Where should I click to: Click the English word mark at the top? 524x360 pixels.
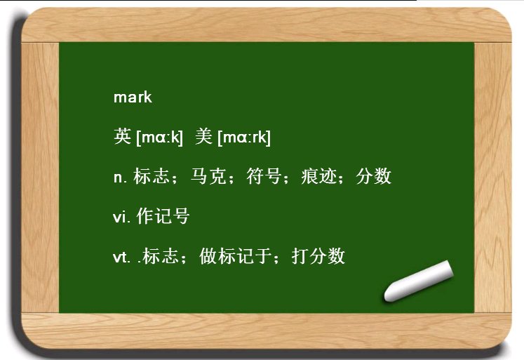(x=133, y=98)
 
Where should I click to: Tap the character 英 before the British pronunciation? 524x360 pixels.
(x=122, y=137)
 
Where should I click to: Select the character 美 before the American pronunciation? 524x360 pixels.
(x=204, y=137)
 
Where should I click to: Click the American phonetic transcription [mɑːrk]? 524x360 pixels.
(x=244, y=138)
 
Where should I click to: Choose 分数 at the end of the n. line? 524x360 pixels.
(x=373, y=177)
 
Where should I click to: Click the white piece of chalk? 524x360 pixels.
(x=419, y=281)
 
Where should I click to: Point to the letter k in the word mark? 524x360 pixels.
(x=147, y=98)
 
